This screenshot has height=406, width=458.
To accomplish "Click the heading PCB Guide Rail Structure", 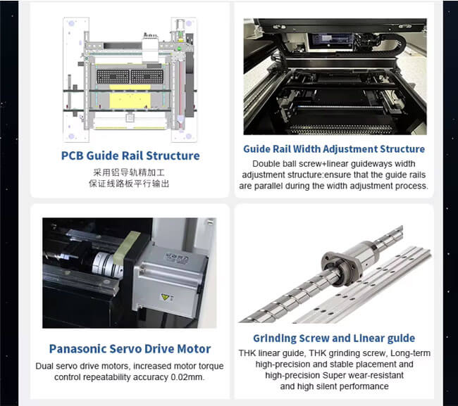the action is click(x=130, y=156).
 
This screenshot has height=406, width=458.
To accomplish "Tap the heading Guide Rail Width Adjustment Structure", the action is click(x=334, y=149).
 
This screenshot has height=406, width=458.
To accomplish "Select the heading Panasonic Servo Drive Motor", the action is click(x=130, y=349).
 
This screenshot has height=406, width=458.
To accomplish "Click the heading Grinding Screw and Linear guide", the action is click(x=334, y=338).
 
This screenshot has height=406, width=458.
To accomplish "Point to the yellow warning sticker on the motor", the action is click(x=165, y=297).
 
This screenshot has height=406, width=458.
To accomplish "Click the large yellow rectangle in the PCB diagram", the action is click(x=130, y=101).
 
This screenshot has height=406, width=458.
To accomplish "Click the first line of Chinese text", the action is click(x=129, y=172).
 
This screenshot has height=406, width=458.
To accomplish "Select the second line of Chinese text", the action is click(x=129, y=184).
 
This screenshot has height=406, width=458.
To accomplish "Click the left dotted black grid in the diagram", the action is click(x=113, y=77).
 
